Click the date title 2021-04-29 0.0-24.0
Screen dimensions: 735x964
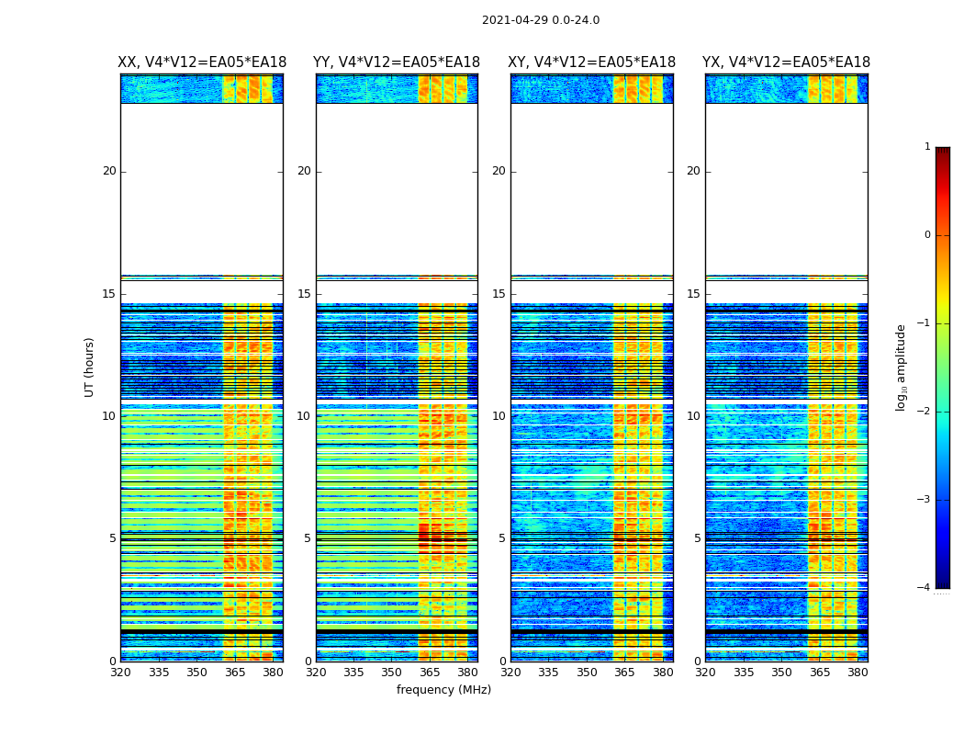coord(541,20)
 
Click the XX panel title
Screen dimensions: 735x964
coord(202,62)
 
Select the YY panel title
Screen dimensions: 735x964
coord(397,62)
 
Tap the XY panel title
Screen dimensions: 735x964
coord(592,62)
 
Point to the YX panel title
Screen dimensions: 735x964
coord(787,62)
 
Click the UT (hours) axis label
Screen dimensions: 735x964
coord(90,367)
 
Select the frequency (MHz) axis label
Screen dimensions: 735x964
coord(443,690)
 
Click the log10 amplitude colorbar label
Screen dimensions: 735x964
coord(902,367)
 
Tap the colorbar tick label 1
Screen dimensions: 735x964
coord(927,147)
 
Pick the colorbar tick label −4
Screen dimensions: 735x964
coord(925,588)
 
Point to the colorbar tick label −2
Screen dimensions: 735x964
coord(925,412)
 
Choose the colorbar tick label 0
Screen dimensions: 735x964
coord(927,235)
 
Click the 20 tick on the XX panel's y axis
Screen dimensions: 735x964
coord(109,171)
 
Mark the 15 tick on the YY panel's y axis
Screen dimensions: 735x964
coord(304,294)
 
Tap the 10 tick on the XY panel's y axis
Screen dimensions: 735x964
coord(499,416)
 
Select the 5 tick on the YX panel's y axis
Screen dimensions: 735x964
coord(697,538)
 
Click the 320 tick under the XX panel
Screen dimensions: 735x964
coord(120,673)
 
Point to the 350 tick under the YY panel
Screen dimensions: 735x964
coord(392,673)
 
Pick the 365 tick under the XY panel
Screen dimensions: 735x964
coord(625,673)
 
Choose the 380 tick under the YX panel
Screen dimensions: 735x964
coord(858,673)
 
